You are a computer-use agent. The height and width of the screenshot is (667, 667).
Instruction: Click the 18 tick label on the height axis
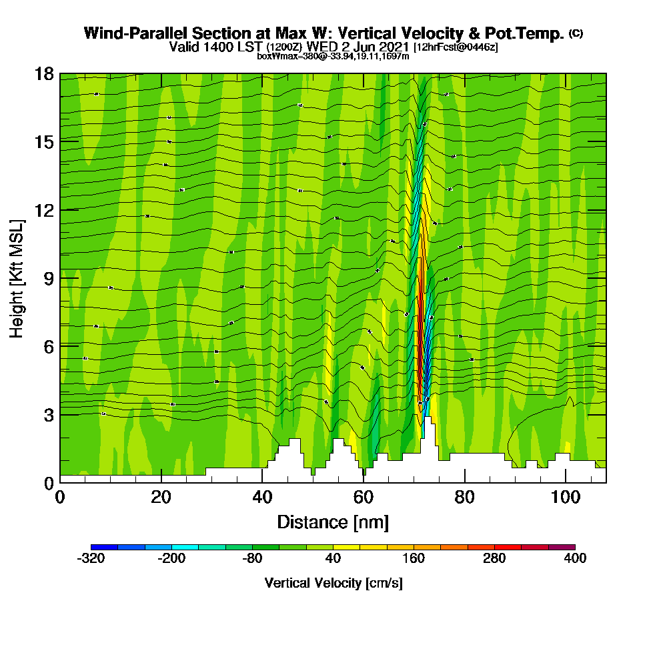(44, 73)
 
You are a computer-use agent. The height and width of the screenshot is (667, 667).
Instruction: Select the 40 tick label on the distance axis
(262, 498)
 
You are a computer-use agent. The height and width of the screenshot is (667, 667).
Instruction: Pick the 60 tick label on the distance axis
(364, 498)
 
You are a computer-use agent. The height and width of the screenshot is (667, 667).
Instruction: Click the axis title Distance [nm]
(333, 522)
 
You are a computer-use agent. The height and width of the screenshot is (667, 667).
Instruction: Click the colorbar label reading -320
(91, 559)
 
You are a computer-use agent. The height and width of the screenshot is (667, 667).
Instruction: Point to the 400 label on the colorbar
(575, 559)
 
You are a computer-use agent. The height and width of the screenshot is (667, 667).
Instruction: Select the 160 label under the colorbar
(414, 559)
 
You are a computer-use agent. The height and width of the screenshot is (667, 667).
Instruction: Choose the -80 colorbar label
(252, 559)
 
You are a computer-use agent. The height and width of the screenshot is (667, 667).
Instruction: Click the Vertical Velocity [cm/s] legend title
(333, 583)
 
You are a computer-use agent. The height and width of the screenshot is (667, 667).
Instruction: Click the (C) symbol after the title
(576, 33)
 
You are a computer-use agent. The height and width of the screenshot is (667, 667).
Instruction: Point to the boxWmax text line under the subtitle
(333, 56)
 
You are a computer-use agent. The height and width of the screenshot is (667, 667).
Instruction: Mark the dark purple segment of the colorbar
(562, 547)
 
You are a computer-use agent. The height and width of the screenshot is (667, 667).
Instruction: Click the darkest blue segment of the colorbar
(104, 547)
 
